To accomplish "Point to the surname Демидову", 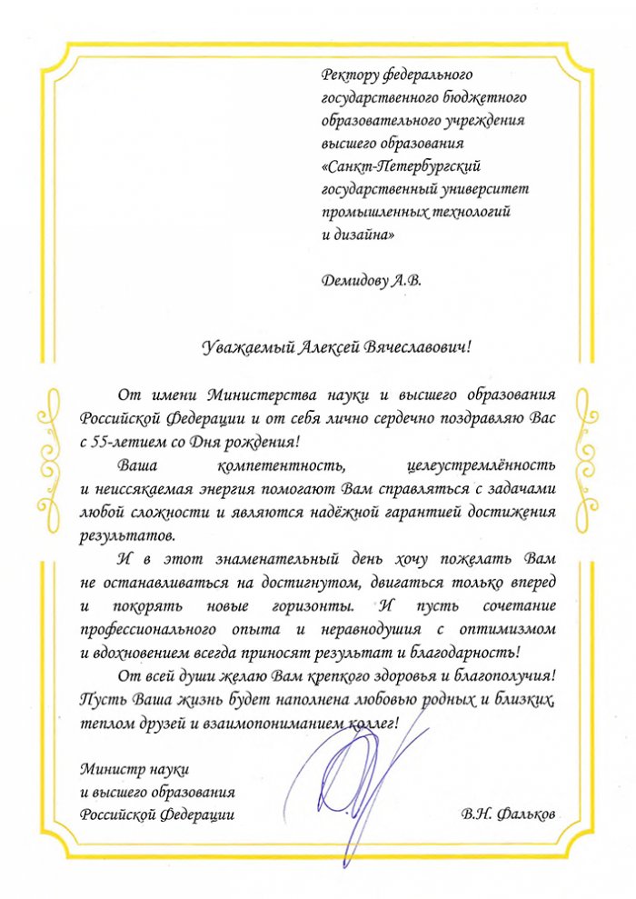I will click(354, 280).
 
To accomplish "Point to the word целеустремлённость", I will click(494, 465).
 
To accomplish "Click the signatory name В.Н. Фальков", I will click(507, 814).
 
